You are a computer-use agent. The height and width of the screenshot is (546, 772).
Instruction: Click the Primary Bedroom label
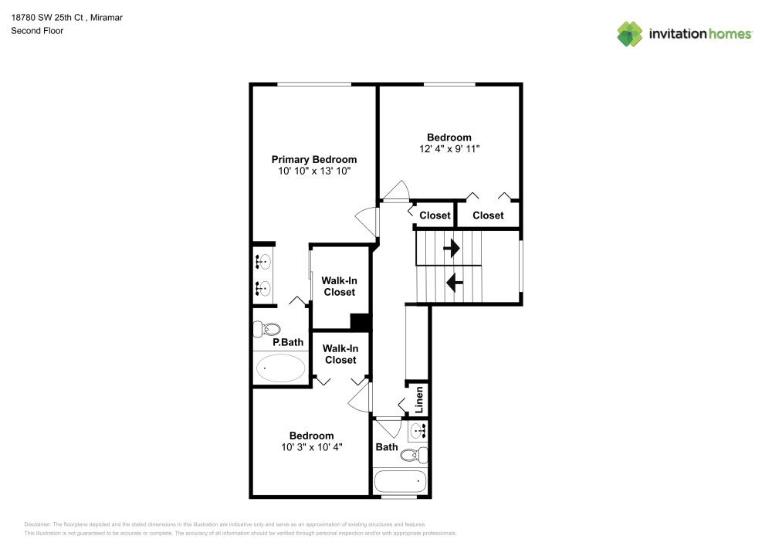pos(313,159)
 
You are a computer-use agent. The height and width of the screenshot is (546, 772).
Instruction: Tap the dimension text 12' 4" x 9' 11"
pos(449,149)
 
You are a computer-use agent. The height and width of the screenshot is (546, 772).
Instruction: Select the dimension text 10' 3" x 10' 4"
pos(311,446)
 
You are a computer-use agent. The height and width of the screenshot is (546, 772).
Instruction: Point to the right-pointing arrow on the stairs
pos(450,248)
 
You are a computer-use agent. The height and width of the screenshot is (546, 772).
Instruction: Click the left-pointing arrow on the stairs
pos(455,283)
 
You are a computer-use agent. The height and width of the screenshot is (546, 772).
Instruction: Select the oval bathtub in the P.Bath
pos(279,368)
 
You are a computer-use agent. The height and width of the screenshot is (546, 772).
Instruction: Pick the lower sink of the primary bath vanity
pos(264,289)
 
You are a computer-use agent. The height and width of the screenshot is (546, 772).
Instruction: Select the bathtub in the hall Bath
pos(400,482)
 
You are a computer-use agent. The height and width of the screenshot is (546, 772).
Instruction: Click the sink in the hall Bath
pos(418,431)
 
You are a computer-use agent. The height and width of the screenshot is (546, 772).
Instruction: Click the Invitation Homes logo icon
pos(629,34)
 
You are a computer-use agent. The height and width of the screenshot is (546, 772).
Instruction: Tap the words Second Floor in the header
pos(37,31)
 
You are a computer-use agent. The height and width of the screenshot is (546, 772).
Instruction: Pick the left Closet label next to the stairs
pos(434,215)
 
